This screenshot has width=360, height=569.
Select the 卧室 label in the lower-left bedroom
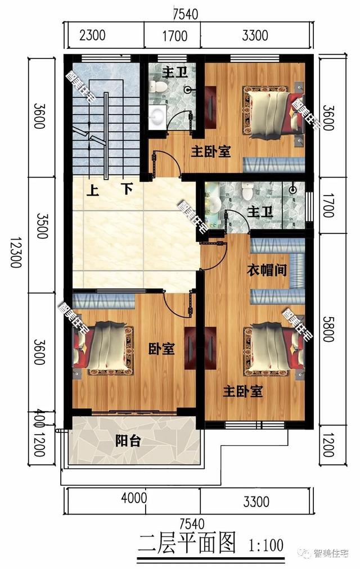click(161, 349)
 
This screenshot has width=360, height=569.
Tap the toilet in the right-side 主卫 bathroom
click(246, 193)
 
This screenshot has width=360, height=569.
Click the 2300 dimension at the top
click(92, 37)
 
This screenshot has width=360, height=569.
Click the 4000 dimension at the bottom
click(134, 498)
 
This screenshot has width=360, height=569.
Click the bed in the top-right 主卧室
click(270, 112)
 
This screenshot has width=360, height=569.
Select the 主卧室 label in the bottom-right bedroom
click(243, 391)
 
